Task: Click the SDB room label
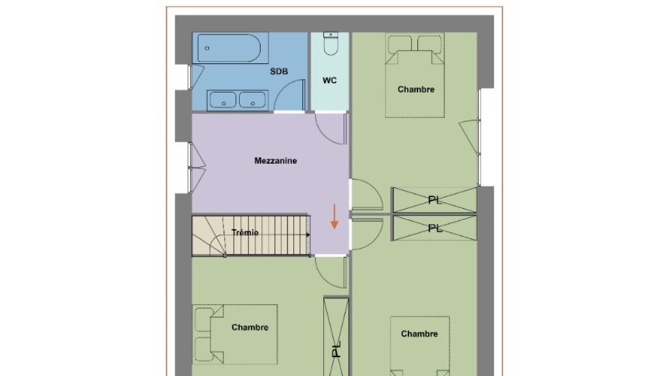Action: pyautogui.click(x=279, y=72)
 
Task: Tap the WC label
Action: pyautogui.click(x=329, y=80)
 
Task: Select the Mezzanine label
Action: pyautogui.click(x=276, y=161)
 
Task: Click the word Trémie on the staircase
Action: pyautogui.click(x=245, y=233)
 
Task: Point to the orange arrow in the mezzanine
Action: pyautogui.click(x=334, y=217)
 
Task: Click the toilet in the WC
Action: pyautogui.click(x=331, y=44)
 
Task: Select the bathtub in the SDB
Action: pyautogui.click(x=229, y=48)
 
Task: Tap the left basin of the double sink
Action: pyautogui.click(x=223, y=101)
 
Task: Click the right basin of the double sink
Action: pyautogui.click(x=252, y=101)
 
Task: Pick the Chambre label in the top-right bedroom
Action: pyautogui.click(x=416, y=89)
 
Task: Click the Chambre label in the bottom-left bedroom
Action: pyautogui.click(x=250, y=328)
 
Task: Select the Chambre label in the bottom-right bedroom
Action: pyautogui.click(x=419, y=334)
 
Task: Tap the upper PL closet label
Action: pyautogui.click(x=434, y=200)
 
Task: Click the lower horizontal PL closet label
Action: pyautogui.click(x=434, y=228)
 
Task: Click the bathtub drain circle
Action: pyautogui.click(x=207, y=48)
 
